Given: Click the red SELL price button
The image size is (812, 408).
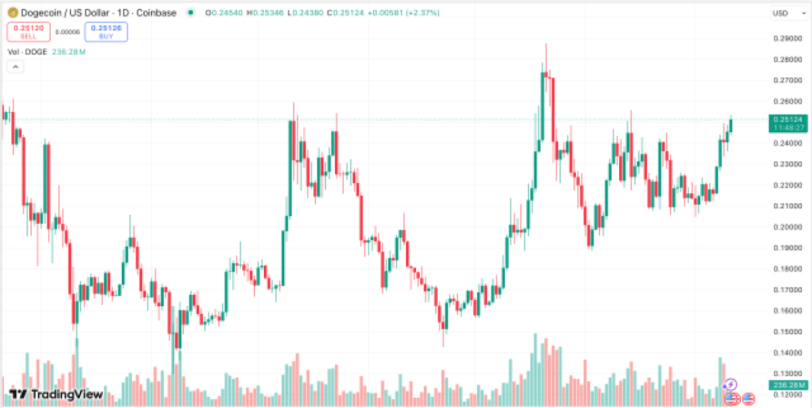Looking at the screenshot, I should (28, 31).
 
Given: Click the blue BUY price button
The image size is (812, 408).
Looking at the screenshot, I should (106, 31).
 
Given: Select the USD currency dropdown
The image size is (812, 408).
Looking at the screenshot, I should (784, 13).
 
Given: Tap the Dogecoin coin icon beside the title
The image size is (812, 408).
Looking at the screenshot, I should (11, 13).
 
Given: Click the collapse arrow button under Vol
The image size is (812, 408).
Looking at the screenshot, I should (16, 66).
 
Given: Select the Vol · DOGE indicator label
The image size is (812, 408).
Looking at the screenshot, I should (27, 52).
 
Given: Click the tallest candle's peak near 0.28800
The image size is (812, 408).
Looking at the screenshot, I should (545, 45).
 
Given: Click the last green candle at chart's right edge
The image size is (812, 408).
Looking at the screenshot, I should (731, 125).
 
